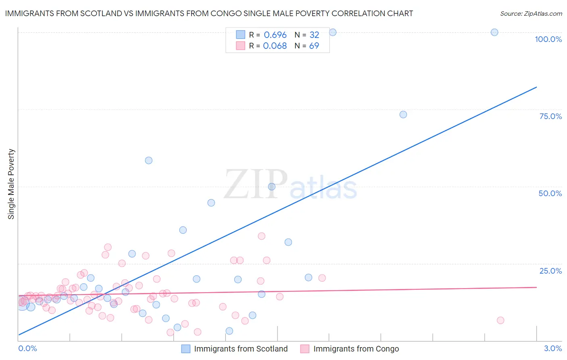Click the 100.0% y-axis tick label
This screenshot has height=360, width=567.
point(548,39)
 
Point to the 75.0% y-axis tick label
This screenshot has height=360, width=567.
point(550,116)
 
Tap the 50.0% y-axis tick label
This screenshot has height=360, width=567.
point(550,193)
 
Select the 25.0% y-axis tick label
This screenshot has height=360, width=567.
point(550,271)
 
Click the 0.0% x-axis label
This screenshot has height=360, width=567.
point(27,348)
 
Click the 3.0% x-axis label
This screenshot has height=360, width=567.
point(553,348)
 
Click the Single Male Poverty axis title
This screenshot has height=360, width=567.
point(11,184)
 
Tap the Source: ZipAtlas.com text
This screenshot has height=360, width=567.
point(531,14)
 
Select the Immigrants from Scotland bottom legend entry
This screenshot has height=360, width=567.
point(235,349)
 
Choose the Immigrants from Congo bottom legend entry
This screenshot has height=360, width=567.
point(350,349)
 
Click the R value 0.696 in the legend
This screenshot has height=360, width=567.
point(275,35)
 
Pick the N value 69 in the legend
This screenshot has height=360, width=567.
point(314,46)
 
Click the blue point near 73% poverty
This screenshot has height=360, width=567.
point(403,115)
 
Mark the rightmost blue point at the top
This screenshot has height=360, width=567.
point(494,32)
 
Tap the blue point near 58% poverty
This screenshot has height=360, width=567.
point(149,160)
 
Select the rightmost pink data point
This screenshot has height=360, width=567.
point(500,320)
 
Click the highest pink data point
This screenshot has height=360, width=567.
point(262,236)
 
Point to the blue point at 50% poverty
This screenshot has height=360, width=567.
point(272,186)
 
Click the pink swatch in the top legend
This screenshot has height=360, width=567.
point(240,46)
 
